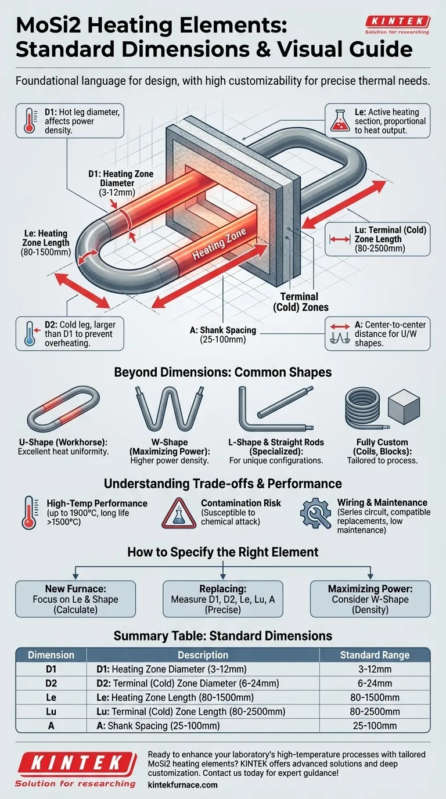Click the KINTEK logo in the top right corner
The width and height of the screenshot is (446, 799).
398,24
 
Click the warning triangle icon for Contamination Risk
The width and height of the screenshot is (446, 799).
179,513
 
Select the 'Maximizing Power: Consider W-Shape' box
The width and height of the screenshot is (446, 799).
371,598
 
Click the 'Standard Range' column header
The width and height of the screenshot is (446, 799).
375,655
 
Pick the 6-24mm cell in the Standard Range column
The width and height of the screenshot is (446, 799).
375,683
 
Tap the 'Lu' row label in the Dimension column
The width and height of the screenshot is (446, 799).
51,711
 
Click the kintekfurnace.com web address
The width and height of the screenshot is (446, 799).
183,784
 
